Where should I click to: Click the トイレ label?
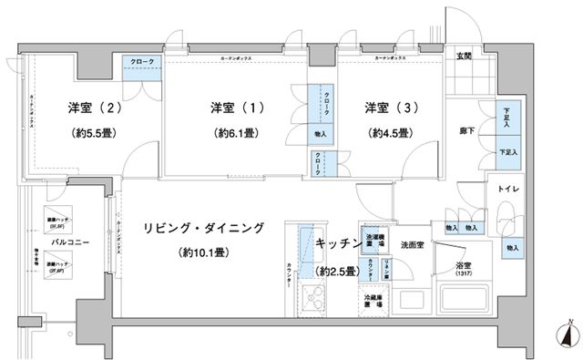tap(507, 189)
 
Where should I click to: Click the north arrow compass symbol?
tap(565, 334)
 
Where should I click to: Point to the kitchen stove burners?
tap(313, 298)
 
